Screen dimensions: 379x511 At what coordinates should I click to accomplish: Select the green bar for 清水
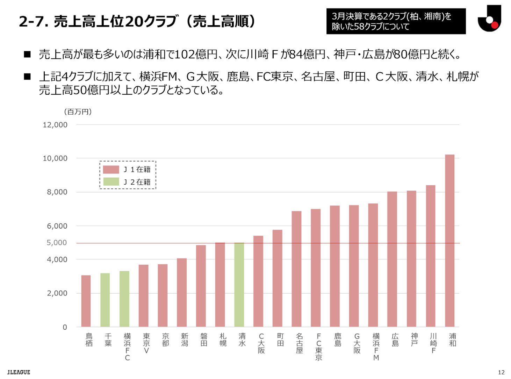click(239, 285)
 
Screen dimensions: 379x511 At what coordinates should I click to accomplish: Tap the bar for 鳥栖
click(86, 301)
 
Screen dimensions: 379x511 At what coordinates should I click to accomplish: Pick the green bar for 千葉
click(105, 300)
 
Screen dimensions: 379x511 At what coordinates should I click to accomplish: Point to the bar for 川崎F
click(430, 256)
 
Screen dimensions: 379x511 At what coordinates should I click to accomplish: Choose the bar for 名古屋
click(296, 269)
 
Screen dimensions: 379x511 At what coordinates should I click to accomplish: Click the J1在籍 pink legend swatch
click(111, 170)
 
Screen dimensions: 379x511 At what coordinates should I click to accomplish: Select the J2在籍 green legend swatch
click(111, 182)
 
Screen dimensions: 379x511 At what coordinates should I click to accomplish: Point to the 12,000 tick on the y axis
click(55, 125)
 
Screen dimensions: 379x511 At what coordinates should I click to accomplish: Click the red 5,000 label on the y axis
click(57, 243)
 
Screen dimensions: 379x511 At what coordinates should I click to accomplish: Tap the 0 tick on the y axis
click(65, 327)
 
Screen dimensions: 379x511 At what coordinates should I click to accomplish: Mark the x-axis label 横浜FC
click(127, 346)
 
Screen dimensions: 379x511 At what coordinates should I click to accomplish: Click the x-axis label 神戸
click(414, 339)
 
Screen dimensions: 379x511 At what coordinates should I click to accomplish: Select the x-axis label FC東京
click(318, 346)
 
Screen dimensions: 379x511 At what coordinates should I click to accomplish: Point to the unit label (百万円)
click(78, 112)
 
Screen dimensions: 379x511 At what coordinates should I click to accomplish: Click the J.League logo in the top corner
click(489, 19)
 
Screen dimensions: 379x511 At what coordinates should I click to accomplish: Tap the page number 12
click(501, 372)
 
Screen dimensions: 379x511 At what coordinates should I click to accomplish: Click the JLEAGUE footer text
click(19, 372)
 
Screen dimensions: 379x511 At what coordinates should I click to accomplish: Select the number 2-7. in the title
click(34, 22)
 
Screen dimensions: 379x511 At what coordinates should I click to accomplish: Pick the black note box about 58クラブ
click(396, 21)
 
